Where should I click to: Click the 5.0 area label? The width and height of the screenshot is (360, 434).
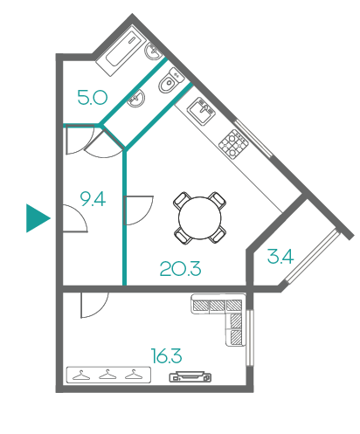(x=93, y=98)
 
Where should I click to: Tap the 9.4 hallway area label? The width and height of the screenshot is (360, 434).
(x=93, y=199)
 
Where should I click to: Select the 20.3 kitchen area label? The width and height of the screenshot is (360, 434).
(x=180, y=268)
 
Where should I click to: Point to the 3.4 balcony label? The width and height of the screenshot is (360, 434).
(x=280, y=257)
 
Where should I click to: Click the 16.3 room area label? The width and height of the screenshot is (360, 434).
(x=167, y=355)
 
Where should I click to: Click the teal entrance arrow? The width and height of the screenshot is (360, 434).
(x=38, y=218)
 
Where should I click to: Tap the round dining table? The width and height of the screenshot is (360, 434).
(x=200, y=218)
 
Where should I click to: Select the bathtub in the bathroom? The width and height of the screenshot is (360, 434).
(x=121, y=52)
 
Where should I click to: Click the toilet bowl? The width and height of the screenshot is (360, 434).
(x=170, y=81)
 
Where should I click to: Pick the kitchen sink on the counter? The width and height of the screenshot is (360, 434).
(x=201, y=111)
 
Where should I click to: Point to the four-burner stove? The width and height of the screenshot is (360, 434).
(x=233, y=144)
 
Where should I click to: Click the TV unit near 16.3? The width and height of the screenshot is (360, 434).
(x=190, y=376)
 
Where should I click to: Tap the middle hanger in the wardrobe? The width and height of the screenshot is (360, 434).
(x=107, y=375)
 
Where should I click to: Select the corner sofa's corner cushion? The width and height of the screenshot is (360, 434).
(x=234, y=305)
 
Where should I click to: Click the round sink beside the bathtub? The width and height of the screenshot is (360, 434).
(x=153, y=52)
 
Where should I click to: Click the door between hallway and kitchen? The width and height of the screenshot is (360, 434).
(x=138, y=210)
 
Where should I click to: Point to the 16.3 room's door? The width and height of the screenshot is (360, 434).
(x=94, y=305)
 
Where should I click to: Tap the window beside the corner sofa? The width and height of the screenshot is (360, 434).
(x=250, y=338)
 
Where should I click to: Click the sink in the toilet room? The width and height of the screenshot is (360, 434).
(x=136, y=98)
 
